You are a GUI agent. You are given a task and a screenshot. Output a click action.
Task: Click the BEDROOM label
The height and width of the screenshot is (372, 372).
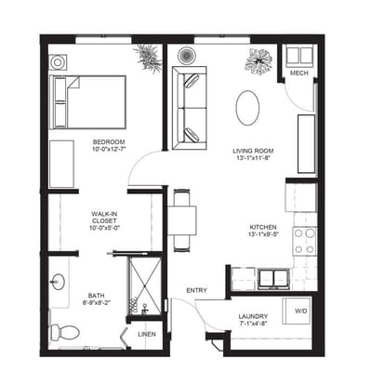(x=109, y=142)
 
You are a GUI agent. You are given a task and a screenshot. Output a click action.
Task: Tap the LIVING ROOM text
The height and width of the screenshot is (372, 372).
(x=253, y=151)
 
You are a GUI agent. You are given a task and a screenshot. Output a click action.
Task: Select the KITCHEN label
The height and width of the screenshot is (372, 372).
(x=263, y=227)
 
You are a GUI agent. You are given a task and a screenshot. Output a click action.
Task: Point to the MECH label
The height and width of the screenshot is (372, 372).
(x=299, y=73)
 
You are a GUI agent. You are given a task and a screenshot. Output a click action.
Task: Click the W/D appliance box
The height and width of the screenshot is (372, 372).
(x=297, y=311)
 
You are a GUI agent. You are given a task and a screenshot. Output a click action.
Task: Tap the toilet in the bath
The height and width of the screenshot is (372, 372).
(x=64, y=332)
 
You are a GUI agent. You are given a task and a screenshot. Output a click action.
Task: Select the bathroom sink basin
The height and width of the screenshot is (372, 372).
(x=58, y=282)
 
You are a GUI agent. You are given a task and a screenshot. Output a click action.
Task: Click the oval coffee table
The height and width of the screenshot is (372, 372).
(x=247, y=108)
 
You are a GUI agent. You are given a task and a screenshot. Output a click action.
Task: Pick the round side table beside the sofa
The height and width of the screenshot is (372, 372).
(x=187, y=55)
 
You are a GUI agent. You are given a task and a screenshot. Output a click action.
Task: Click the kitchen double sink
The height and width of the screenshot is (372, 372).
(x=274, y=279)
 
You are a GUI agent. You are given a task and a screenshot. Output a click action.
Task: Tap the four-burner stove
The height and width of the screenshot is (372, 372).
(x=305, y=241)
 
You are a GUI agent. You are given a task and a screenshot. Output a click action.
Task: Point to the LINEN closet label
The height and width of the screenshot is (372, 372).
(x=147, y=335)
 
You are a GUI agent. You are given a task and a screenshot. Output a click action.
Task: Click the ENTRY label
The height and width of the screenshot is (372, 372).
(x=196, y=290)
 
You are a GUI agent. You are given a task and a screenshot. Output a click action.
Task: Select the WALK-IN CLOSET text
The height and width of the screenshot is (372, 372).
(x=104, y=218)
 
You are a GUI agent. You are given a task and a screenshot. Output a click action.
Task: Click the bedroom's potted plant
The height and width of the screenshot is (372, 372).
(x=149, y=58)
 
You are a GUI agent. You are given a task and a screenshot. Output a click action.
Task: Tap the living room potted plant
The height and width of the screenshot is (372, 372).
(x=259, y=61)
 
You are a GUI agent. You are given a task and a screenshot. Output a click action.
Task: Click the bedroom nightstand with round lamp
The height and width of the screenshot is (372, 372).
(x=58, y=62)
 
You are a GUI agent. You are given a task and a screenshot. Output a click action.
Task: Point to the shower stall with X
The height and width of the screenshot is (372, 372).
(x=145, y=286)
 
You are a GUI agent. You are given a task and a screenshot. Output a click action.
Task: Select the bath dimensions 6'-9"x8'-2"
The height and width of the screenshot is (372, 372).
(x=96, y=302)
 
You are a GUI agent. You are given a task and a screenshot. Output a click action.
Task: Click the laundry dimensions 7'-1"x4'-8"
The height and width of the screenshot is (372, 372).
(x=253, y=324)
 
